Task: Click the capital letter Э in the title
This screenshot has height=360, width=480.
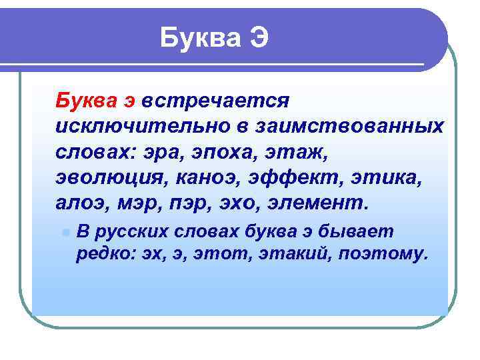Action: tap(259, 38)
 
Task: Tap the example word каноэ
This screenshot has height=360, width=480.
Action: tap(215, 176)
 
